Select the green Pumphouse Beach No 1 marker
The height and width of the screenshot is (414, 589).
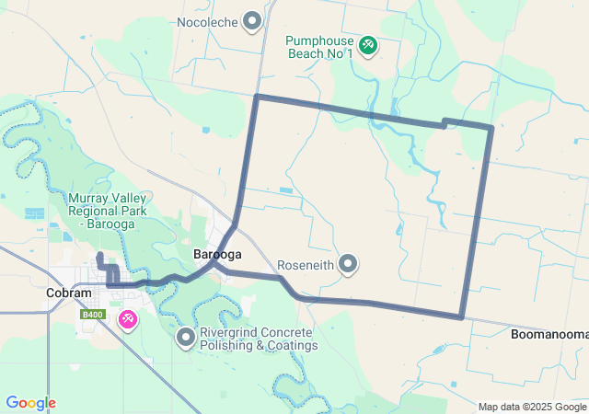coord(367,44)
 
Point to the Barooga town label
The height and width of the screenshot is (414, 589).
coord(217,254)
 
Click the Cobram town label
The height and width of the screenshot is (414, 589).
coord(69,293)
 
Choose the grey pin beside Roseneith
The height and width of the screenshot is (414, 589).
coord(348,264)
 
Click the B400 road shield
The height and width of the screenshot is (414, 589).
coord(91,315)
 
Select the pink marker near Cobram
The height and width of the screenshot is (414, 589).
coord(128,319)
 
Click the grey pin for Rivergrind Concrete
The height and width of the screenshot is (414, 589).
coord(185,339)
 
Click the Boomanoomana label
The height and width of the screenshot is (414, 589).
coord(549,334)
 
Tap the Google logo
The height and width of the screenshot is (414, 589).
coord(30,403)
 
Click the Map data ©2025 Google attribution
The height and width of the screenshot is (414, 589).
coord(532,407)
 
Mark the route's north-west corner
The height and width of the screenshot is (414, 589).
coord(257,96)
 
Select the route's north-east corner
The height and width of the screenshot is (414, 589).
coord(491,127)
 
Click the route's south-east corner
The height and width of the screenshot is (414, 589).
coord(461,317)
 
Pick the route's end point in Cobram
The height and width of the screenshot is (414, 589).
coord(99,254)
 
